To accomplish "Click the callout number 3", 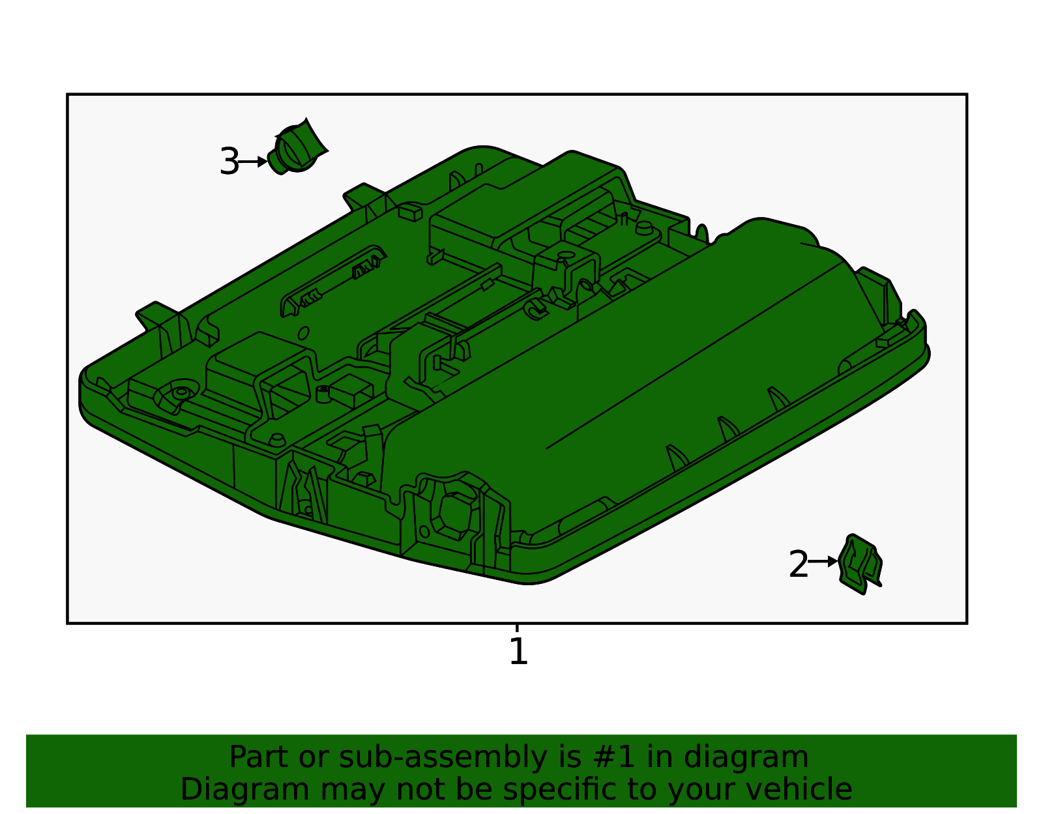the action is pos(229,162).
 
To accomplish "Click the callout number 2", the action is pos(798,564).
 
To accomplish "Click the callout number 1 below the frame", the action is pos(518,651).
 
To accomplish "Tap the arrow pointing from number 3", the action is pos(252,162).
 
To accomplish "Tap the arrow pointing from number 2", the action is pos(823,561).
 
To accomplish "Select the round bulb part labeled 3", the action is pos(297,147).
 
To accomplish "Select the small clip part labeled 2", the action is pos(860,564).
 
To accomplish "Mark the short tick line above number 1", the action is pos(517,628).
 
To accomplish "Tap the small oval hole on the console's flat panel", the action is pos(303,333).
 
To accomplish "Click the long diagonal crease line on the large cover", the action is pos(695,355).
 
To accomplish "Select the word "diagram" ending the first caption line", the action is pos(746,758).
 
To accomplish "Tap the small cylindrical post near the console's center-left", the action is pos(324,394).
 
